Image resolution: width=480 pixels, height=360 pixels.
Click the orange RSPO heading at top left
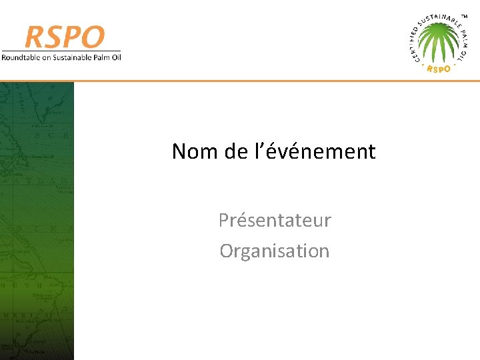click(x=65, y=37)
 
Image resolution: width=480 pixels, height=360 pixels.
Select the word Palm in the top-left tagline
click(x=100, y=57)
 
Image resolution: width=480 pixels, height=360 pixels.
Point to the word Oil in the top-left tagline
click(x=116, y=57)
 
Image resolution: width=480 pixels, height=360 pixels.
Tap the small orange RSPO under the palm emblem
click(x=438, y=69)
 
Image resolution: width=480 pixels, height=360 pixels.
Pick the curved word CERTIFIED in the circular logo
click(x=415, y=41)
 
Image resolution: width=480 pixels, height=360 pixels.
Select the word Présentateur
click(x=275, y=220)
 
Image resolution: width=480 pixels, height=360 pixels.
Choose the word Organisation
click(x=275, y=251)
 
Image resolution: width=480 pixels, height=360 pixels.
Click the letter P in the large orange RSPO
click(x=74, y=37)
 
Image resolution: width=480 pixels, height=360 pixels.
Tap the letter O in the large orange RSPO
click(x=93, y=37)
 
